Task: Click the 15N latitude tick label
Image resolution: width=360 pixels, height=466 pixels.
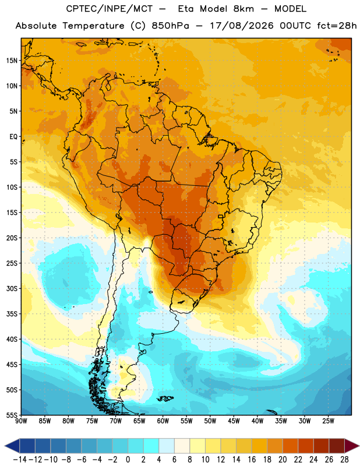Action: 12,61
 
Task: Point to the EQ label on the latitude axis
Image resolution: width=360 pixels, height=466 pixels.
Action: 13,137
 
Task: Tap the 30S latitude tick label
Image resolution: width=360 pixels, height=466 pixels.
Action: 12,288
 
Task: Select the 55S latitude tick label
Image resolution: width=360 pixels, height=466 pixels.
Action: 12,415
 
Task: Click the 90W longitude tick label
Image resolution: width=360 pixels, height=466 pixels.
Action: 21,421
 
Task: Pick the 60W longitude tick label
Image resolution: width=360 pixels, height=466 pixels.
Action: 163,421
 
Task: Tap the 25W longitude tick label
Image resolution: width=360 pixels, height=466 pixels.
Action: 328,421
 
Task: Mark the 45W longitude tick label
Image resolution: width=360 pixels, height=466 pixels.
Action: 234,421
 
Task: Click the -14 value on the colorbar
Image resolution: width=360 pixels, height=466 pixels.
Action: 20,460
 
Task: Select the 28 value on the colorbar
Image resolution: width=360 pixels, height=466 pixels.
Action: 344,460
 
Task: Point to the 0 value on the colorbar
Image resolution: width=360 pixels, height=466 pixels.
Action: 128,460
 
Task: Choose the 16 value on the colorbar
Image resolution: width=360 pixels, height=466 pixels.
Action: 252,460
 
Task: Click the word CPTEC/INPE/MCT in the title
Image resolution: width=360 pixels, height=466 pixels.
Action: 110,9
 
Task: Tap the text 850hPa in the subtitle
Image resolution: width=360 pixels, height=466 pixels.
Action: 170,26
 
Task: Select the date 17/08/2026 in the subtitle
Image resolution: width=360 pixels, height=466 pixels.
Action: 242,26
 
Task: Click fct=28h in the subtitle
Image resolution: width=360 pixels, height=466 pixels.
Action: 337,26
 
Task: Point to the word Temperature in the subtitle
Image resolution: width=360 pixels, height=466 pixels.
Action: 93,26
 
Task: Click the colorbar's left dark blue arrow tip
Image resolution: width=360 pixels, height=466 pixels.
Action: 5,446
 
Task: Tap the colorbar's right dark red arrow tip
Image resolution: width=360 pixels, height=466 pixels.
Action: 359,446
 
